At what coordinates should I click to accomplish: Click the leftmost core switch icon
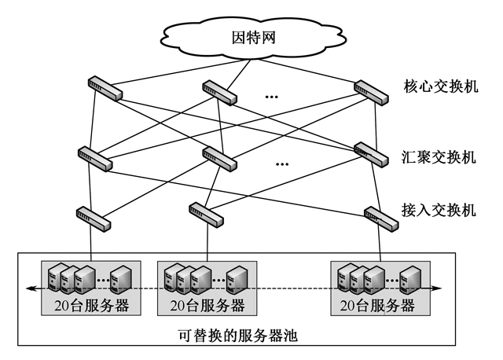pyautogui.click(x=105, y=88)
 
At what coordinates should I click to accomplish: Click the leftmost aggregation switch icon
pyautogui.click(x=95, y=158)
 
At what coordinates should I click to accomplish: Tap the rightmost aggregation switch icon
pyautogui.click(x=370, y=153)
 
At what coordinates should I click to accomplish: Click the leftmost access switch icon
pyautogui.click(x=92, y=216)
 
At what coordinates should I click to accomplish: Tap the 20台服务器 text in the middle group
pyautogui.click(x=207, y=306)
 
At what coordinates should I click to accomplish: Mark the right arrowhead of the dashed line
pyautogui.click(x=439, y=288)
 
